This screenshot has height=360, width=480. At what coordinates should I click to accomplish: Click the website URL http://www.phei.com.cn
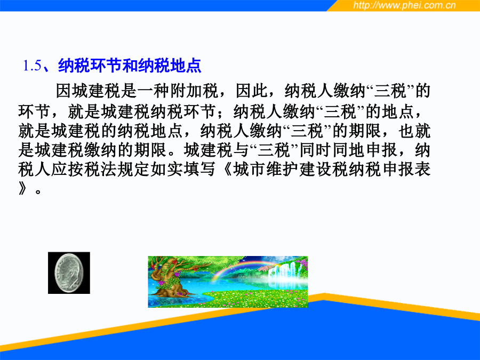coord(404,5)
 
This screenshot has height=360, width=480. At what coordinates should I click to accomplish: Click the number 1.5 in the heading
coord(32,66)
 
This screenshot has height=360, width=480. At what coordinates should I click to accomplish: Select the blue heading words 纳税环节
coord(90,66)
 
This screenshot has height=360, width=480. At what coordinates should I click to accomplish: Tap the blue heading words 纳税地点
coord(169,66)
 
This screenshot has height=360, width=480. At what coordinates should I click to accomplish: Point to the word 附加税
coord(194,91)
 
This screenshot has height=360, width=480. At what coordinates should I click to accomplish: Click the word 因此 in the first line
coord(252,91)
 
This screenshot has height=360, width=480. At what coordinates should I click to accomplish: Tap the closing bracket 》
coord(22,189)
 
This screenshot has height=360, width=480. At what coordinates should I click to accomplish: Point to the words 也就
coord(414,131)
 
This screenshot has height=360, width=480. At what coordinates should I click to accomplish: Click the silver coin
coord(69,273)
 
